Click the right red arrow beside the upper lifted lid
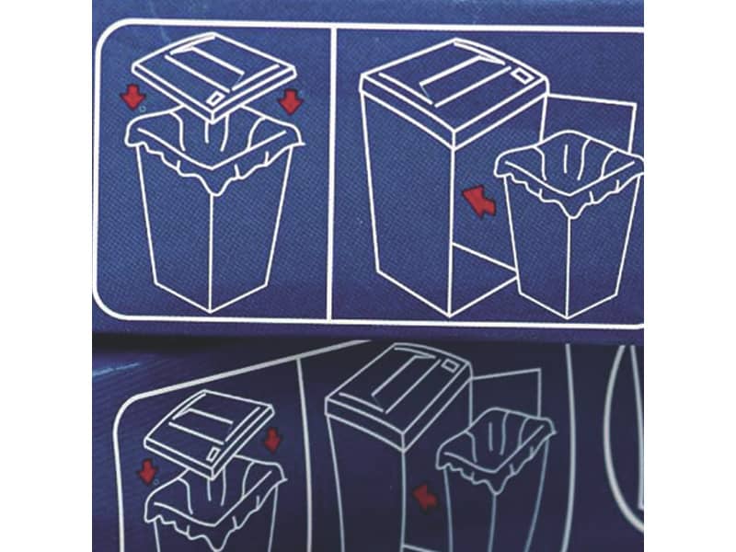point(290,99)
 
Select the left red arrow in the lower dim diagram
point(146,471)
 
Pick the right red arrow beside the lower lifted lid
point(272,439)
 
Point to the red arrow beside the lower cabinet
point(424,497)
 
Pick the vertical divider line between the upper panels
point(330,175)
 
